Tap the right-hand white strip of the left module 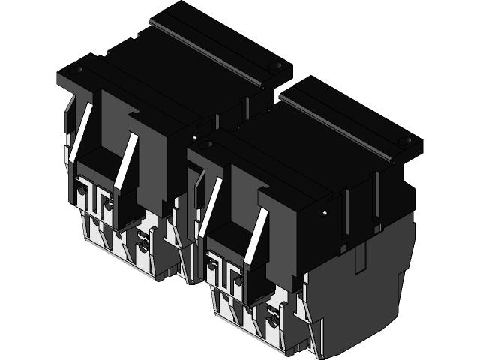pyautogui.click(x=127, y=160)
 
